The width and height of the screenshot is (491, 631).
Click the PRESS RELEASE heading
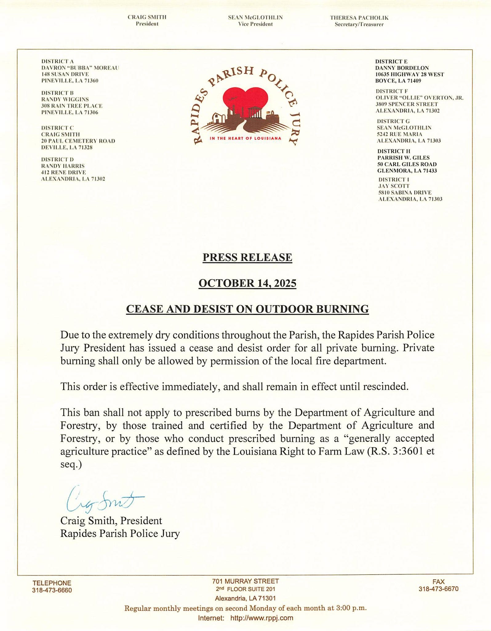(x=247, y=257)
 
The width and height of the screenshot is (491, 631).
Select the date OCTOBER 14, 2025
(x=247, y=283)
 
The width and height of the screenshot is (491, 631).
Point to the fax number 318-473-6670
(x=438, y=589)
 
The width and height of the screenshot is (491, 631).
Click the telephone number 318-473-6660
(x=52, y=590)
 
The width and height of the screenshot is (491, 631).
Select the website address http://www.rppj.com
(x=261, y=618)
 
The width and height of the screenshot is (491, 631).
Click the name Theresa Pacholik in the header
(x=359, y=18)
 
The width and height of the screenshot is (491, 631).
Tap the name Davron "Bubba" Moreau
(x=80, y=68)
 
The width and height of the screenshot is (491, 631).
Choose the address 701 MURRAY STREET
(x=245, y=581)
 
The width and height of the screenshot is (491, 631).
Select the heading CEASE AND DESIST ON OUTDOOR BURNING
(x=247, y=309)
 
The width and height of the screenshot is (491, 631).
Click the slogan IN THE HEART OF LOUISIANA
(x=245, y=138)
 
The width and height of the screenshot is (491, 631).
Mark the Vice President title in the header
(x=255, y=24)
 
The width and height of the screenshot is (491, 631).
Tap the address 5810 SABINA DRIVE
(x=405, y=193)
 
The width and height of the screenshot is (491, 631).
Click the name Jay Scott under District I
(x=394, y=186)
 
